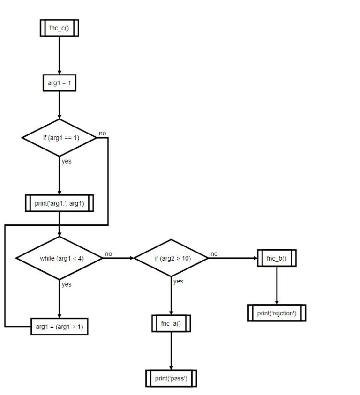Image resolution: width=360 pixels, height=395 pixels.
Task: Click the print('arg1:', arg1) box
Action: [60, 204]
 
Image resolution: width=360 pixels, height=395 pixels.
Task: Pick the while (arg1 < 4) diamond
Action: [60, 258]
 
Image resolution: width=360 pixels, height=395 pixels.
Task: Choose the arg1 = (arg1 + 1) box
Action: [60, 327]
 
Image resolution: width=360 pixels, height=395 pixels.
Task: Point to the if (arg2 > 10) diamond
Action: [171, 258]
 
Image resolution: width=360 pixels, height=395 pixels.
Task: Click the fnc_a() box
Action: [171, 323]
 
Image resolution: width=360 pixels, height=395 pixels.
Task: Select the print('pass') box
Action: [171, 378]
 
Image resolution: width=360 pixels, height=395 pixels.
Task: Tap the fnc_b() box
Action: [277, 258]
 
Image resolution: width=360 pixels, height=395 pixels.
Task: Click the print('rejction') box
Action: [277, 313]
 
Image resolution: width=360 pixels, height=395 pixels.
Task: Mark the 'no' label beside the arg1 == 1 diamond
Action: [103, 134]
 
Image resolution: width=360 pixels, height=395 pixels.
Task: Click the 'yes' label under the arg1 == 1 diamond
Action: [67, 161]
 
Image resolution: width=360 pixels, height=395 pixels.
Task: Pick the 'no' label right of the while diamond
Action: [108, 254]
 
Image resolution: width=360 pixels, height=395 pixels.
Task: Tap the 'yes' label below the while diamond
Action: [67, 284]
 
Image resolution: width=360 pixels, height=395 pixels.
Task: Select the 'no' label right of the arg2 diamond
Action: [214, 254]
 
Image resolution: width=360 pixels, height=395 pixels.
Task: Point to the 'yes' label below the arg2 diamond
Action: [178, 282]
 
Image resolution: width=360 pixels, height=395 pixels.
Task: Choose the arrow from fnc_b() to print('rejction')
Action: [277, 286]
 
